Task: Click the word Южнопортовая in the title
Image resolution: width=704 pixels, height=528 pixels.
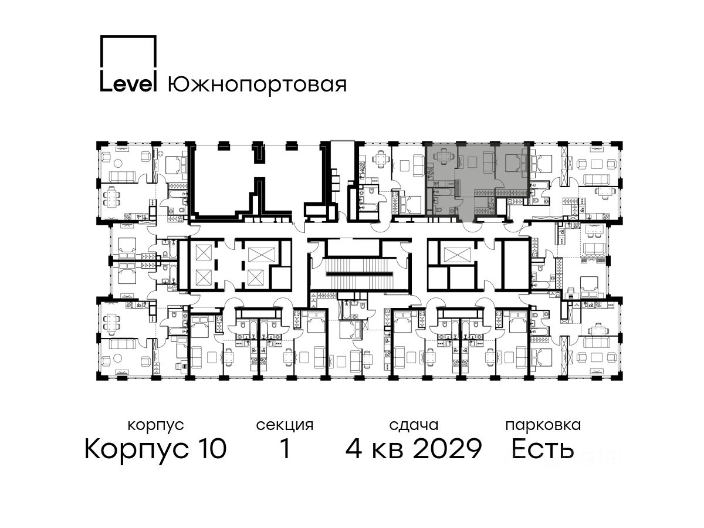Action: tap(257, 84)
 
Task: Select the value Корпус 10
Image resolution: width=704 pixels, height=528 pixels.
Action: tap(155, 448)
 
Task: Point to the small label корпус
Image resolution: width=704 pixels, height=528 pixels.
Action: tap(155, 425)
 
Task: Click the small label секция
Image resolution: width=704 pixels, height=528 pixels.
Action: tap(285, 425)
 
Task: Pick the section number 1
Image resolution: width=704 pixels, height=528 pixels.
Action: tap(285, 448)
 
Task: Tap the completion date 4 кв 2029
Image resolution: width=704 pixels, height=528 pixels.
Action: tap(414, 448)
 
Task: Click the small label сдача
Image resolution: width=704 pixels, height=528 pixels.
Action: tap(414, 425)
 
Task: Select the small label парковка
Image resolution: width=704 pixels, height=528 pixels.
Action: tap(543, 425)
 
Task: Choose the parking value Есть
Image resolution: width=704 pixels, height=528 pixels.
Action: tap(543, 448)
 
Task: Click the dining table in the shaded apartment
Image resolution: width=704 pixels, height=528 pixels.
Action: tap(444, 157)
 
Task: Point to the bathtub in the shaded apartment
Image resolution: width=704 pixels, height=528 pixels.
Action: tap(443, 192)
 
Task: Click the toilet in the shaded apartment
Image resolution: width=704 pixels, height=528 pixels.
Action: tap(436, 202)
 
